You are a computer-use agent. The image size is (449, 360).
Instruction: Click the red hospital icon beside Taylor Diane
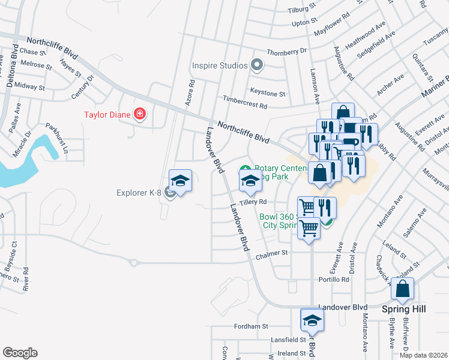140,113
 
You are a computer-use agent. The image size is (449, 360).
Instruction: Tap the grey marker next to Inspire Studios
258,65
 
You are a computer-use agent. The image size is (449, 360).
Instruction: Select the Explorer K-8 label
140,193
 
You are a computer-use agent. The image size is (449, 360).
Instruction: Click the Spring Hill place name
403,308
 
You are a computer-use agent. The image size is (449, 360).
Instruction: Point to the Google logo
20,353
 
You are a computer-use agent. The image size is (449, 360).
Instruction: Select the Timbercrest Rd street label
244,104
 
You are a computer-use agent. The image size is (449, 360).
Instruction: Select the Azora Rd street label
190,93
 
